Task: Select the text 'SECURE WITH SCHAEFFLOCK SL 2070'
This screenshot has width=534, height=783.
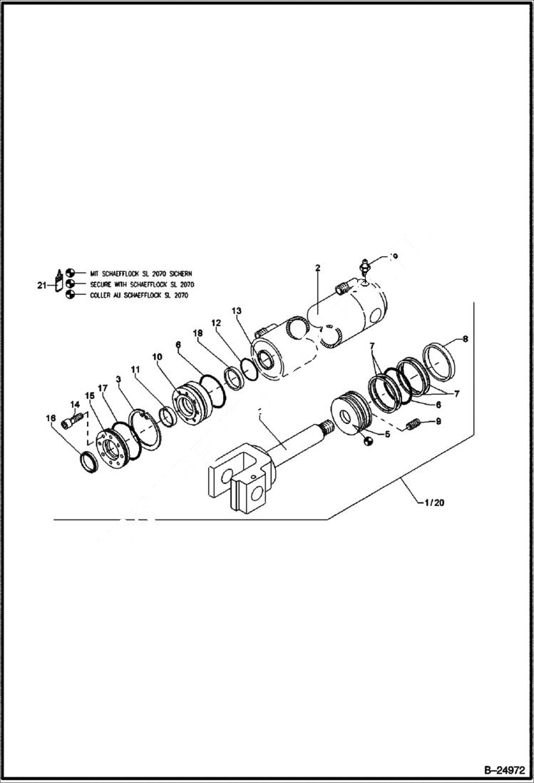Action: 141,284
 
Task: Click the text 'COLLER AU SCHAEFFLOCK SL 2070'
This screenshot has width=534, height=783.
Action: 139,295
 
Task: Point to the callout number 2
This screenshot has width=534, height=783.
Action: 318,268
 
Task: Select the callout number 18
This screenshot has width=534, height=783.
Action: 197,333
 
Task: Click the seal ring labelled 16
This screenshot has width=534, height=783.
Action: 88,463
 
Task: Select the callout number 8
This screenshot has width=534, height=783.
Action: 465,339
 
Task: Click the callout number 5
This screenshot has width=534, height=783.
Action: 387,433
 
